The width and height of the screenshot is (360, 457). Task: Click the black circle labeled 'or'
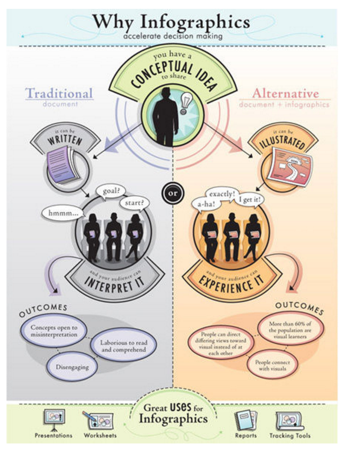(x=171, y=193)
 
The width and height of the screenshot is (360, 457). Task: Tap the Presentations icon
(x=54, y=419)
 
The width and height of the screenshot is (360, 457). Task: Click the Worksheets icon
(x=99, y=420)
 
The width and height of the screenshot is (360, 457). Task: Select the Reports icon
(x=245, y=420)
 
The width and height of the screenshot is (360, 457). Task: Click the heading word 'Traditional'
(x=59, y=93)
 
